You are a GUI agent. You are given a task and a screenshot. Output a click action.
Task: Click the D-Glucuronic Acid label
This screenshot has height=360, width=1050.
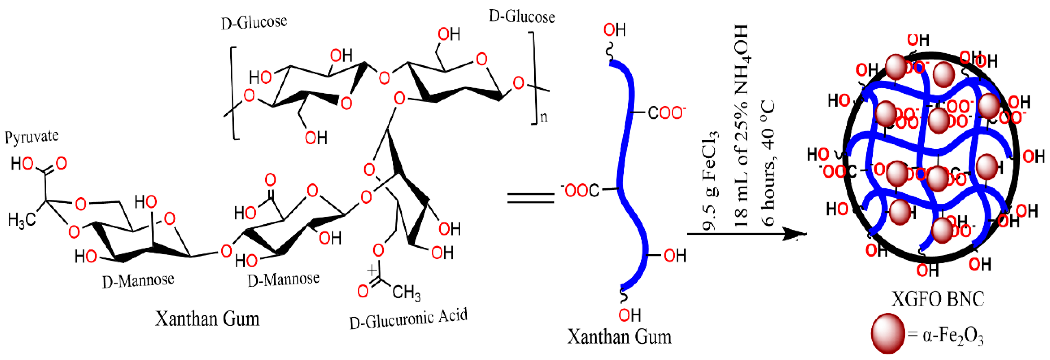409,319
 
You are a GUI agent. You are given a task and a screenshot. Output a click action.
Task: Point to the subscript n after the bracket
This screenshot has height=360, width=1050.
544,117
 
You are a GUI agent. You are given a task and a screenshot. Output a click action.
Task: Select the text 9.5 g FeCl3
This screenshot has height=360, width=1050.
710,179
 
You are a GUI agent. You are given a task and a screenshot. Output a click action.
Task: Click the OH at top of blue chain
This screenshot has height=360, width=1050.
615,30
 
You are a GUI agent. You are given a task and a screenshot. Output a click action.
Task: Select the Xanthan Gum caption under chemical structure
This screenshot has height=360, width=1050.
207,319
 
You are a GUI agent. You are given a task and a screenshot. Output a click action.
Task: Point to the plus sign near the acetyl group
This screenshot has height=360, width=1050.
372,270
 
